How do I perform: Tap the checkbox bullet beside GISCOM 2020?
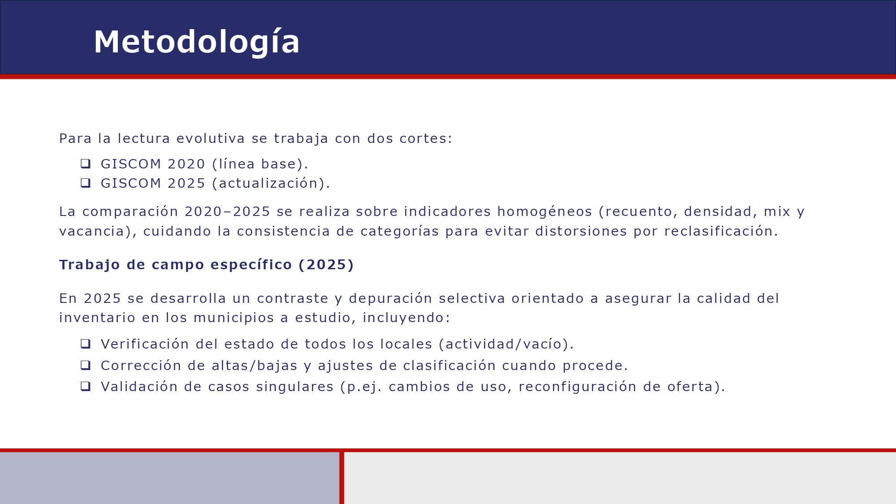[x=86, y=164]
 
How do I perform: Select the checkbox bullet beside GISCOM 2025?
[x=86, y=183]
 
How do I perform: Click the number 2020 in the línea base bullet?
[x=186, y=164]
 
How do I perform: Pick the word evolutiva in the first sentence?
[x=211, y=139]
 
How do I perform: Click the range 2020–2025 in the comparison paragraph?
[x=227, y=211]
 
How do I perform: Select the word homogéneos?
[x=544, y=211]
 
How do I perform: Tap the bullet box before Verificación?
[x=86, y=344]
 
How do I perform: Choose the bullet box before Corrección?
[x=86, y=365]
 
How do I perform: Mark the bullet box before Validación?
[x=86, y=386]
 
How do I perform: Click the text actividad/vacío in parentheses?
[x=504, y=344]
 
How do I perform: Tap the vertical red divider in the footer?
[x=342, y=478]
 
